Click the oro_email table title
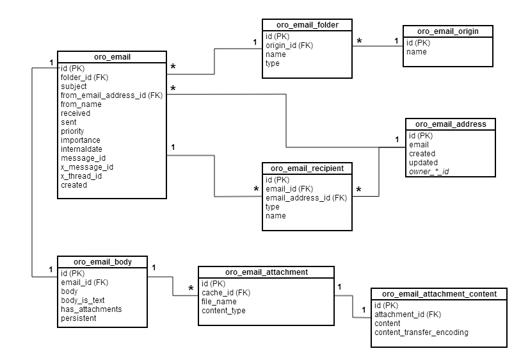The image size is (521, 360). (112, 58)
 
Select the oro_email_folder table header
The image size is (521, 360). (307, 25)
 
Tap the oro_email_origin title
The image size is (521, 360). (447, 31)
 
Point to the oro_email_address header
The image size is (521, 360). (451, 124)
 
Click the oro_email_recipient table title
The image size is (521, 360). (307, 168)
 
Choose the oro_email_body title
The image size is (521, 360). (102, 261)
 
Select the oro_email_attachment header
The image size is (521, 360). (266, 272)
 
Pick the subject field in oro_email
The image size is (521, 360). (74, 86)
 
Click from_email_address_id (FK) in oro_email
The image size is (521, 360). (111, 95)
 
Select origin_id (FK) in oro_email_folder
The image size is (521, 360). (289, 45)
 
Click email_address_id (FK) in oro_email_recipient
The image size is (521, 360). (306, 198)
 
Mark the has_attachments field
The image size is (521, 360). (91, 309)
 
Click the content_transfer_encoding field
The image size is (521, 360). (421, 332)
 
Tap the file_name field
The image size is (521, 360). (219, 302)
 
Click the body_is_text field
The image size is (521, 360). (83, 300)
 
